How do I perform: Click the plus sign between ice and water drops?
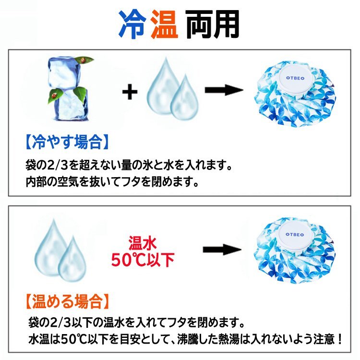[x=129, y=91]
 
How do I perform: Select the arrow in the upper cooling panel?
[x=222, y=90]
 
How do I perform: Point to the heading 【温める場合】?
[x=66, y=301]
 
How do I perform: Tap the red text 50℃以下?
[x=143, y=260]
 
